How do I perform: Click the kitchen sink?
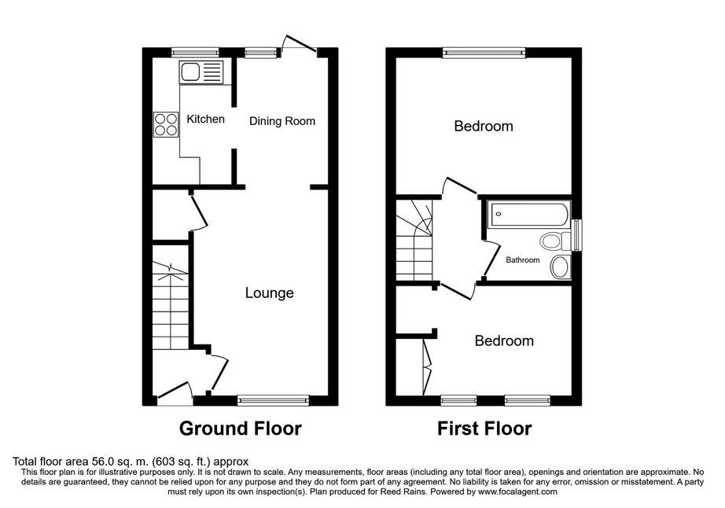(201, 72)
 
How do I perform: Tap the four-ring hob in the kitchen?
(166, 124)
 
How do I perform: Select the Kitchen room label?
(205, 120)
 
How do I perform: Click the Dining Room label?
(282, 121)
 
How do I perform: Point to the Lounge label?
(269, 293)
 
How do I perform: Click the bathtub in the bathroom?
(528, 215)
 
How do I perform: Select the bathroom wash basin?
(560, 267)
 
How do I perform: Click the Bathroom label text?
(522, 260)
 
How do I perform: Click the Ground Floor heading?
(241, 429)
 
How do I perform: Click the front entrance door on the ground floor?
(175, 393)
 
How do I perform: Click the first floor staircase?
(414, 240)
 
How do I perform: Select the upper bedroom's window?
(483, 53)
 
